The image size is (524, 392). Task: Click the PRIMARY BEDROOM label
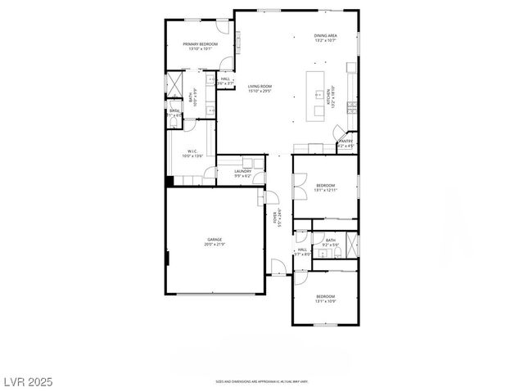(x=200, y=43)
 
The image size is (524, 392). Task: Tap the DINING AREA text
(x=325, y=36)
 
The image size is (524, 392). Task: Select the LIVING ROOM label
(x=260, y=86)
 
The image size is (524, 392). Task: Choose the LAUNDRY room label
(x=242, y=171)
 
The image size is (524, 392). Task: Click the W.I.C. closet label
(x=192, y=151)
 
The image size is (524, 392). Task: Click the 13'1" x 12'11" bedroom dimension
(x=325, y=191)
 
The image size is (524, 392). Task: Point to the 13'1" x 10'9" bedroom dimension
(x=325, y=301)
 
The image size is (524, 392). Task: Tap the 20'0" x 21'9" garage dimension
(x=215, y=245)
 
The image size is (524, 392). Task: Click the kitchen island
(x=315, y=97)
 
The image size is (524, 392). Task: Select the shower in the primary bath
(x=174, y=85)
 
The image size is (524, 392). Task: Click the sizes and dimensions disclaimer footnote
(x=260, y=381)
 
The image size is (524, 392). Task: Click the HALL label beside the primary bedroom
(x=225, y=79)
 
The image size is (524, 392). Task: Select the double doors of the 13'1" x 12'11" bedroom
(x=299, y=187)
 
